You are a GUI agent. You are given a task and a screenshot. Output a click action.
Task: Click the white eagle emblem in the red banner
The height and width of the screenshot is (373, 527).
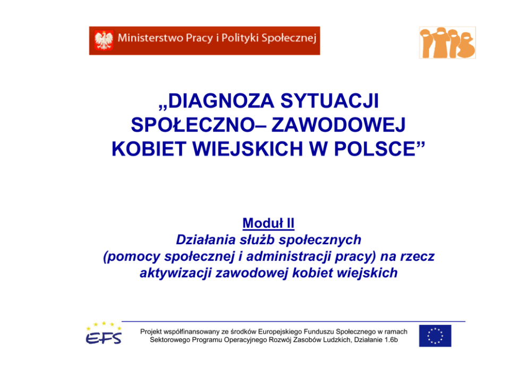tap(104, 40)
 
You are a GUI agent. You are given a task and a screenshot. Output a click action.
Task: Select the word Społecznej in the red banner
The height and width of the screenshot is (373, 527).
tap(288, 38)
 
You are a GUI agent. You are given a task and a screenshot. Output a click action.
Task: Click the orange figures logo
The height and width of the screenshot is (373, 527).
tap(447, 43)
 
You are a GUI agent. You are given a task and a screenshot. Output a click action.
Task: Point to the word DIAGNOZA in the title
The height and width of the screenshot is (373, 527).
tap(221, 101)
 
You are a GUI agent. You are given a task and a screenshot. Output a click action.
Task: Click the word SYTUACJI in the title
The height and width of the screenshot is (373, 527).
tap(330, 101)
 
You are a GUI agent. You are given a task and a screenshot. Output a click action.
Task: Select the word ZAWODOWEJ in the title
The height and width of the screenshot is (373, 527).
tap(338, 125)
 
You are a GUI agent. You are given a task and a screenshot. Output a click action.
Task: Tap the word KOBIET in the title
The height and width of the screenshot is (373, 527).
tap(149, 149)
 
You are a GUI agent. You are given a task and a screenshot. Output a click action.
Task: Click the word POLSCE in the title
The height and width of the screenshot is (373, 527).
tap(375, 149)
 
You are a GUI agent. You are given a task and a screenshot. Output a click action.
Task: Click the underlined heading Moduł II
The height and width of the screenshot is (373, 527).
tap(268, 223)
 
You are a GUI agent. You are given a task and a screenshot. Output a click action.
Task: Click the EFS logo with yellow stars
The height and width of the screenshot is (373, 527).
tap(104, 333)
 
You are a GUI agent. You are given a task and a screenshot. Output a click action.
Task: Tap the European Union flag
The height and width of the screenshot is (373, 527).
tap(435, 336)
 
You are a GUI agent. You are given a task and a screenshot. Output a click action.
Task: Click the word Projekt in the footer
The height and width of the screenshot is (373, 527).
tap(151, 332)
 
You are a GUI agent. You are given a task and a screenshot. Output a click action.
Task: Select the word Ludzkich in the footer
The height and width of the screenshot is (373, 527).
tap(338, 340)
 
